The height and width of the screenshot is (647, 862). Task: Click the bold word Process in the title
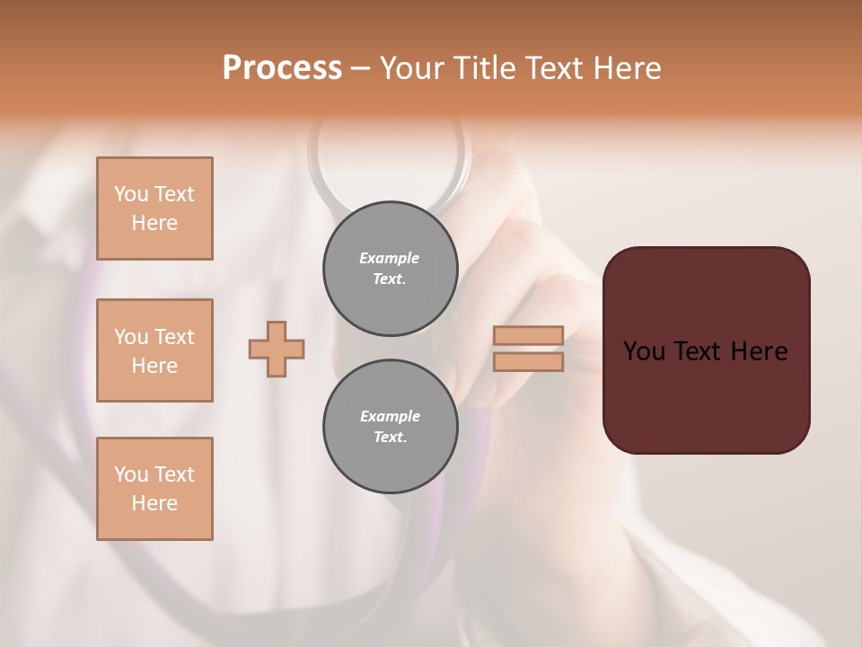[282, 67]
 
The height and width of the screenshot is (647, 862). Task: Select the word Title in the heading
[483, 67]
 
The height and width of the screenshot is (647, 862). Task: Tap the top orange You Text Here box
[154, 208]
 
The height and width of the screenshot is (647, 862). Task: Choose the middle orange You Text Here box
[154, 350]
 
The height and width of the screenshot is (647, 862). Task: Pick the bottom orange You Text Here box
[154, 489]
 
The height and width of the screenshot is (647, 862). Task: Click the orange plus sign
[277, 349]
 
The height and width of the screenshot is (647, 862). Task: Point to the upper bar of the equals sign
[528, 335]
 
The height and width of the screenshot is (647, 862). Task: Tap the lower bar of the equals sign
[528, 361]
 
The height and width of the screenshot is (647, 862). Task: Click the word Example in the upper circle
[390, 258]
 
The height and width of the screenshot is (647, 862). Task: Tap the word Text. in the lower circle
[390, 437]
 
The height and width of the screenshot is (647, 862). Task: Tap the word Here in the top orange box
[154, 223]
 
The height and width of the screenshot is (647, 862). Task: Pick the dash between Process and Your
[360, 68]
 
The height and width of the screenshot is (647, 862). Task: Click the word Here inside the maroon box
[759, 351]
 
